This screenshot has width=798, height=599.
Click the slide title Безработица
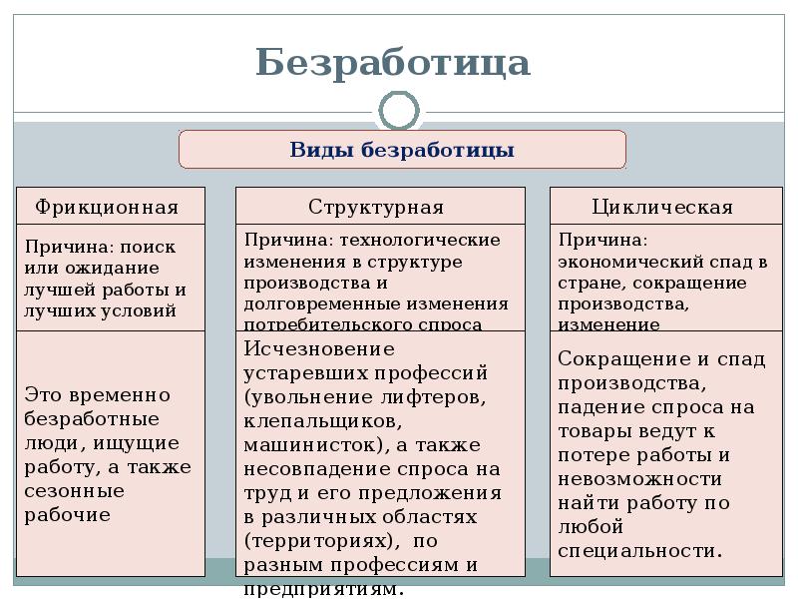(392, 63)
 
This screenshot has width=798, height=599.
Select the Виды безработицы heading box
(402, 151)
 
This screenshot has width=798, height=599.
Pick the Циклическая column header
(662, 208)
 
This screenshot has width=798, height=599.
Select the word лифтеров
(440, 397)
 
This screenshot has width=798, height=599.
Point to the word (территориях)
(313, 540)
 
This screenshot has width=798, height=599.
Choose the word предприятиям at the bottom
(322, 588)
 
